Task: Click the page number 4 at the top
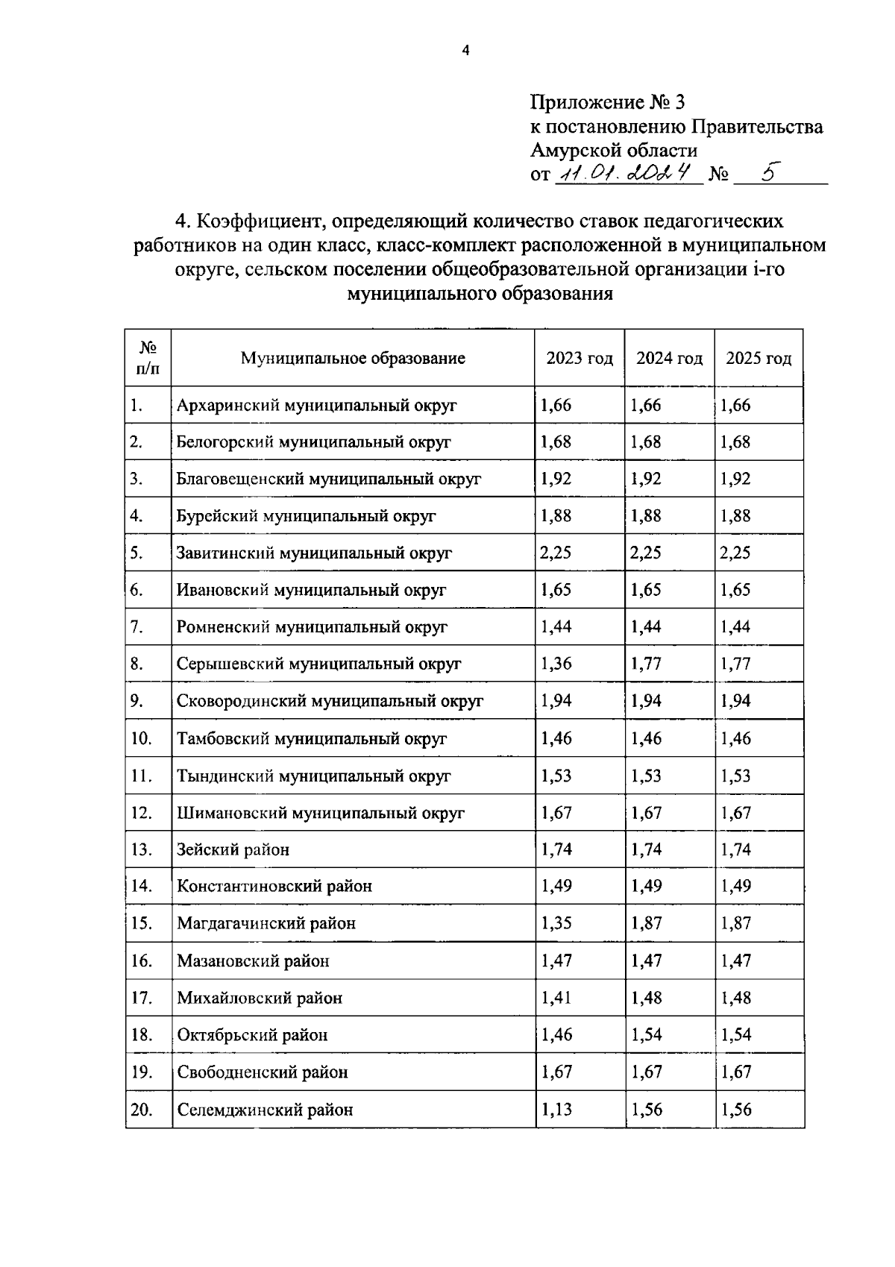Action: (466, 51)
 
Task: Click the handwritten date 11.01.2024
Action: (627, 174)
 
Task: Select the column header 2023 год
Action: (580, 359)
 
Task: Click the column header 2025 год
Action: (759, 359)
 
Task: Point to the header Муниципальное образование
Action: (353, 359)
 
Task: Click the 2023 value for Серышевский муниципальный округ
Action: (556, 664)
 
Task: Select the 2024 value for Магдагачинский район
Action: (646, 923)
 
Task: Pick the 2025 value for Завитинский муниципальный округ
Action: (735, 553)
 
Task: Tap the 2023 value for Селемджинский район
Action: (556, 1110)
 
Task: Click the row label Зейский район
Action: (233, 849)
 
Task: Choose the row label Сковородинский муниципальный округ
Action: (330, 701)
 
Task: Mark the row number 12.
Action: (142, 813)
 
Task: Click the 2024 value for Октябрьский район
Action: (646, 1035)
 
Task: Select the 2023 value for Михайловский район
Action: (556, 998)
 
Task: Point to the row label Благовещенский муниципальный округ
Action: (328, 479)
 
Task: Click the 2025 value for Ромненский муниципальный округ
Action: (735, 627)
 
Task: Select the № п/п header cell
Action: (148, 358)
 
